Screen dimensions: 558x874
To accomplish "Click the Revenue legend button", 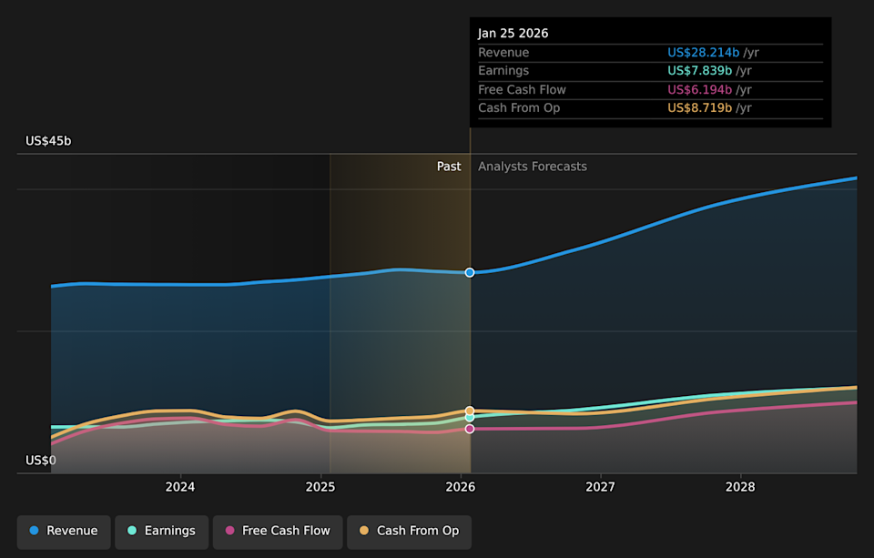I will pos(64,531).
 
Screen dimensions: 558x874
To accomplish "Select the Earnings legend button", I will pos(161,531).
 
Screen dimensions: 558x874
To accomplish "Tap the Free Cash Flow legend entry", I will pos(278,531).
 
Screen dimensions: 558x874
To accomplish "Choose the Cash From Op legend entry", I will pos(409,531).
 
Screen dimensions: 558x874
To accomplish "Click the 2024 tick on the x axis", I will pos(180,487).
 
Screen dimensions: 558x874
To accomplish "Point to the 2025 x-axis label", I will pos(320,487).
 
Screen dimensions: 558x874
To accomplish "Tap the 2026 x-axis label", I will pos(461,487).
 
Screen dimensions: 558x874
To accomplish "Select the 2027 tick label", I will pos(601,487).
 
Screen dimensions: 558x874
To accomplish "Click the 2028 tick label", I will pos(740,487).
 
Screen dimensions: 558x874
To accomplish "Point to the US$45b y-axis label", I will pos(48,141).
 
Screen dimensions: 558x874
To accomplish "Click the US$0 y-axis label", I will pos(40,461).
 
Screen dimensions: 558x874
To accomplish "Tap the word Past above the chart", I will pos(449,167).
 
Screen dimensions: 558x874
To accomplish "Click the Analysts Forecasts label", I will pos(533,167).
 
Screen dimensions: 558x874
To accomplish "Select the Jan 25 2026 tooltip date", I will pos(513,33).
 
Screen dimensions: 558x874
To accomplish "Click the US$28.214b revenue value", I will pos(704,53).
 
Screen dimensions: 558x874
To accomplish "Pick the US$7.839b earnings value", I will pos(700,71).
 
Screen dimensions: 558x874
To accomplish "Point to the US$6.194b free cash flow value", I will pos(700,89).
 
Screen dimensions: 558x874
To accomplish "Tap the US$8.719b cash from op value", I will pos(700,107).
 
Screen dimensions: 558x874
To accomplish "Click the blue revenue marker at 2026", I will pos(470,272).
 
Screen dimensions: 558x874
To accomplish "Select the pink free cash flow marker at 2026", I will pos(470,429).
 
